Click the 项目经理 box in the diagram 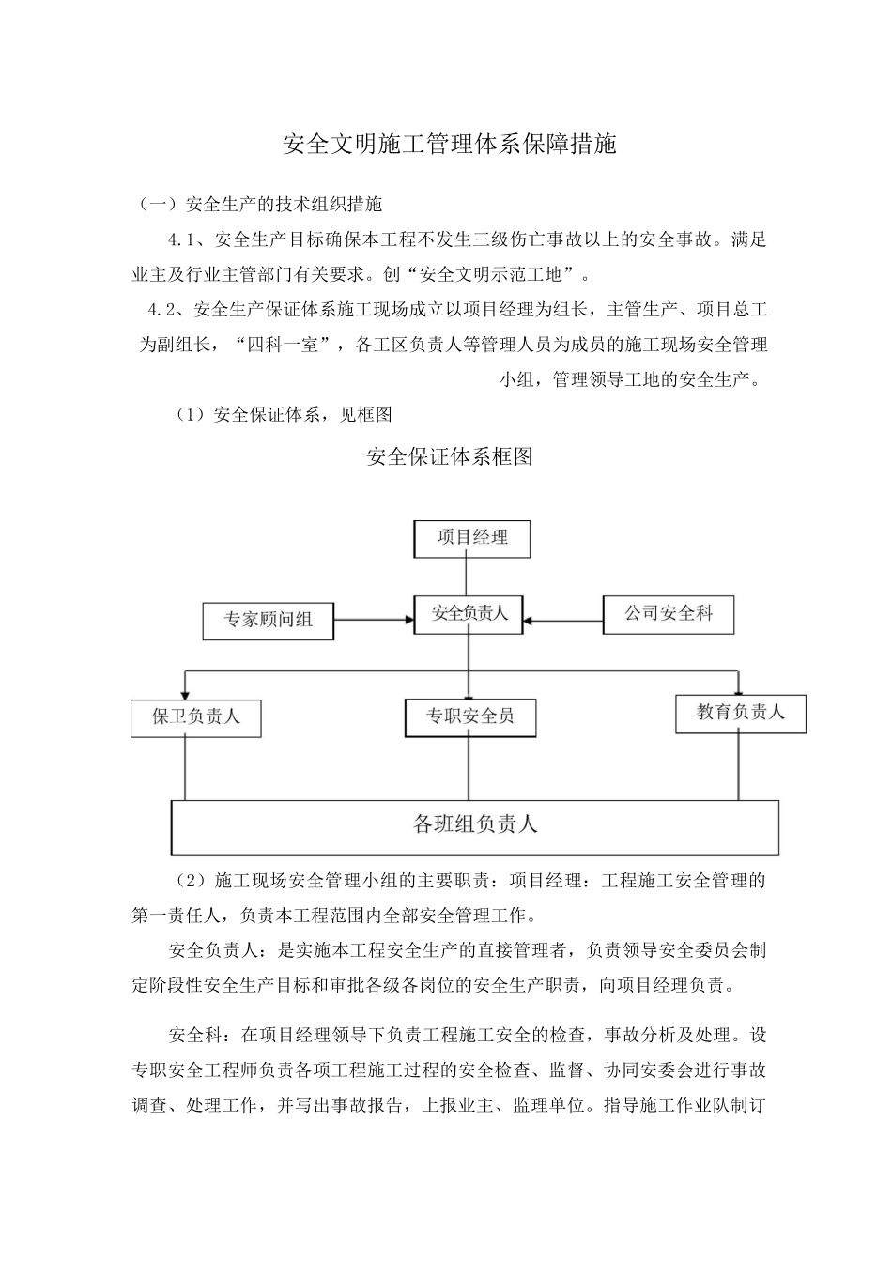(x=472, y=538)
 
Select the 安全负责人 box (x=469, y=613)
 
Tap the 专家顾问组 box (x=268, y=620)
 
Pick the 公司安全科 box (x=669, y=614)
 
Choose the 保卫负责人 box (x=196, y=716)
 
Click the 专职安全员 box (x=469, y=716)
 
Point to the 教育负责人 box (x=740, y=712)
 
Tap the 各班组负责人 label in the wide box (x=475, y=825)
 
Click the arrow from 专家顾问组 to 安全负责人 (x=375, y=620)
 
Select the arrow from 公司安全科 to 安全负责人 (x=563, y=620)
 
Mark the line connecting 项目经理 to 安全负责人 (x=467, y=576)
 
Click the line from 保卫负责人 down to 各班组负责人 (x=186, y=768)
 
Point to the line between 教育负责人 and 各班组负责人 (x=738, y=766)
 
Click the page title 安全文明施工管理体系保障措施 (x=450, y=145)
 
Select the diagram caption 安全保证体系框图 (x=449, y=457)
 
